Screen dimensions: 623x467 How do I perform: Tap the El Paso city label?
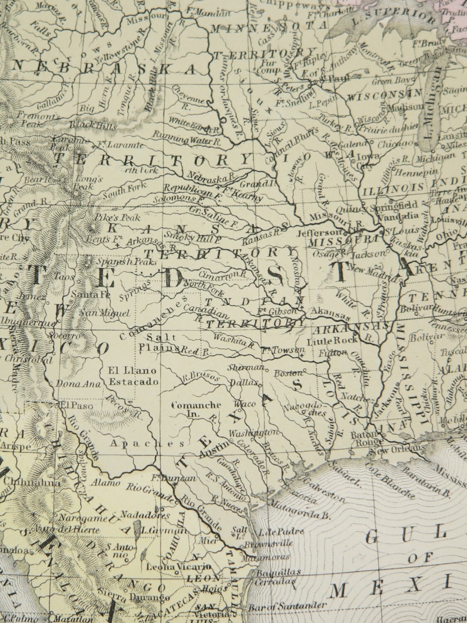[x=68, y=404]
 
